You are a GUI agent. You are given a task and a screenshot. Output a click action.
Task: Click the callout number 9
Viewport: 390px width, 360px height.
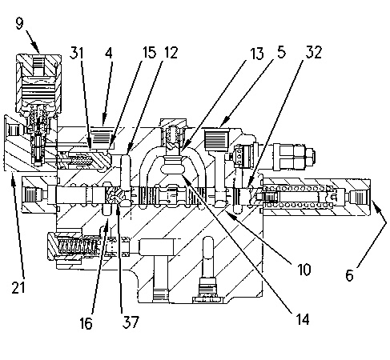point(19,24)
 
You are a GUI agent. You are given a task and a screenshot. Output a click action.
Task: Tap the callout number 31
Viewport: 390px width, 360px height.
point(77,53)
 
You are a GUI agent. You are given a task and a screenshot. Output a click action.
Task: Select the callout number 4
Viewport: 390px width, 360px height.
point(109,53)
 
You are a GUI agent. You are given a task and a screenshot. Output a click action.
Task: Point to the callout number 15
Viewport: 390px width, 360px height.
point(149,53)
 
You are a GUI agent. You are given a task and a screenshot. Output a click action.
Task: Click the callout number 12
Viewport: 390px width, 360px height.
point(171,53)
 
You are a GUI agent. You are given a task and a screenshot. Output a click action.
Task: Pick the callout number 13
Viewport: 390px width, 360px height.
point(257,53)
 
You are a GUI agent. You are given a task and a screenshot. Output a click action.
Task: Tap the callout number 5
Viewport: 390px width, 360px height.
point(281,52)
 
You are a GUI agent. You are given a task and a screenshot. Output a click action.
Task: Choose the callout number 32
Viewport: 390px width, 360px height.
point(314,52)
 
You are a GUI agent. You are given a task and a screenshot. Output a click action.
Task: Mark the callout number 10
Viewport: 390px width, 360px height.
point(304,270)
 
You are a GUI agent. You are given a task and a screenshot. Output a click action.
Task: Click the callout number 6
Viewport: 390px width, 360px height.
point(349,275)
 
